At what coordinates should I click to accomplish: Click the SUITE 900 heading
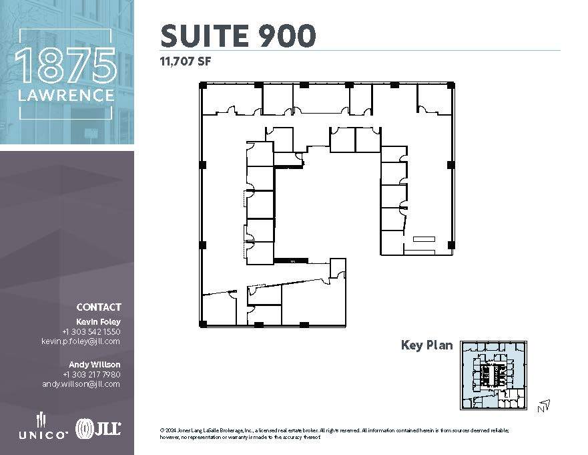point(238,35)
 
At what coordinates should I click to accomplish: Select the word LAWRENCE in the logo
point(66,96)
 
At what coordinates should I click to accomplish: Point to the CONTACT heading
point(99,307)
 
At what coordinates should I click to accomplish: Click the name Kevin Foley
point(103,321)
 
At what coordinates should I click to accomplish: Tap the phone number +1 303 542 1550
point(91,331)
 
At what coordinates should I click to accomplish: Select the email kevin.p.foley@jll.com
point(81,341)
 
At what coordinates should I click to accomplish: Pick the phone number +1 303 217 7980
point(91,374)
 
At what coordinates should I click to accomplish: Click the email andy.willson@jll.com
point(81,384)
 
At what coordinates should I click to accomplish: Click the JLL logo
point(98,428)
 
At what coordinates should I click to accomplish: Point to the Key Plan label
point(426,345)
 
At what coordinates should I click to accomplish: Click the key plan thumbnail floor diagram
point(495,375)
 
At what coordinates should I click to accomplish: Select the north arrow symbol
point(544,405)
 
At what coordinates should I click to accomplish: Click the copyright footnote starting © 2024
point(347,434)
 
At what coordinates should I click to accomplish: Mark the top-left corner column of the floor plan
point(203,85)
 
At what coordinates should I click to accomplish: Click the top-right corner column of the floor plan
point(451,85)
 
